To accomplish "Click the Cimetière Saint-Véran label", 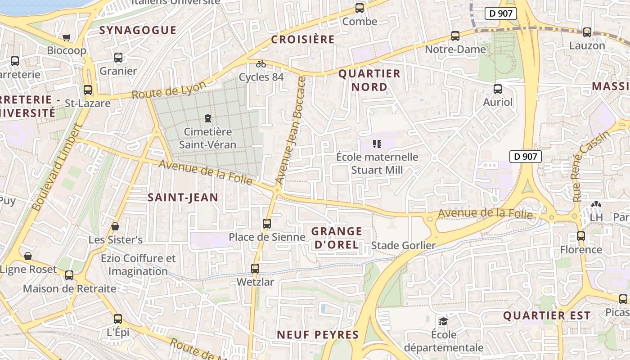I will pyautogui.click(x=207, y=138).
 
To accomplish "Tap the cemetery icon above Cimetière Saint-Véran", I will pyautogui.click(x=207, y=118).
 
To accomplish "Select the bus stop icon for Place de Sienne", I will pyautogui.click(x=267, y=223).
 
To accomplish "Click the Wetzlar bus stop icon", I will pyautogui.click(x=255, y=269).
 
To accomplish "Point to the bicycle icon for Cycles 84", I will pyautogui.click(x=261, y=64).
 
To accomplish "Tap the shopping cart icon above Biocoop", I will pyautogui.click(x=67, y=37).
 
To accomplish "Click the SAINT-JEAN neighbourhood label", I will pyautogui.click(x=183, y=197).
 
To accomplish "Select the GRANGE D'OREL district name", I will pyautogui.click(x=337, y=238).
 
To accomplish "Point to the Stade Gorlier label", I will pyautogui.click(x=403, y=246).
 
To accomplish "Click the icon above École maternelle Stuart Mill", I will pyautogui.click(x=377, y=144).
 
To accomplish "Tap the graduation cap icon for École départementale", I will pyautogui.click(x=443, y=321).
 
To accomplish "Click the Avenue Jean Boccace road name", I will pyautogui.click(x=291, y=130).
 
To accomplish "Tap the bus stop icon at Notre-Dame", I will pyautogui.click(x=455, y=36).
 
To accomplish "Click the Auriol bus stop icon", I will pyautogui.click(x=498, y=89).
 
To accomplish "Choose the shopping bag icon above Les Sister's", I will pyautogui.click(x=115, y=226).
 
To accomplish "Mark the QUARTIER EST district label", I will pyautogui.click(x=547, y=316).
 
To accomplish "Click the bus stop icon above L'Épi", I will pyautogui.click(x=118, y=319).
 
